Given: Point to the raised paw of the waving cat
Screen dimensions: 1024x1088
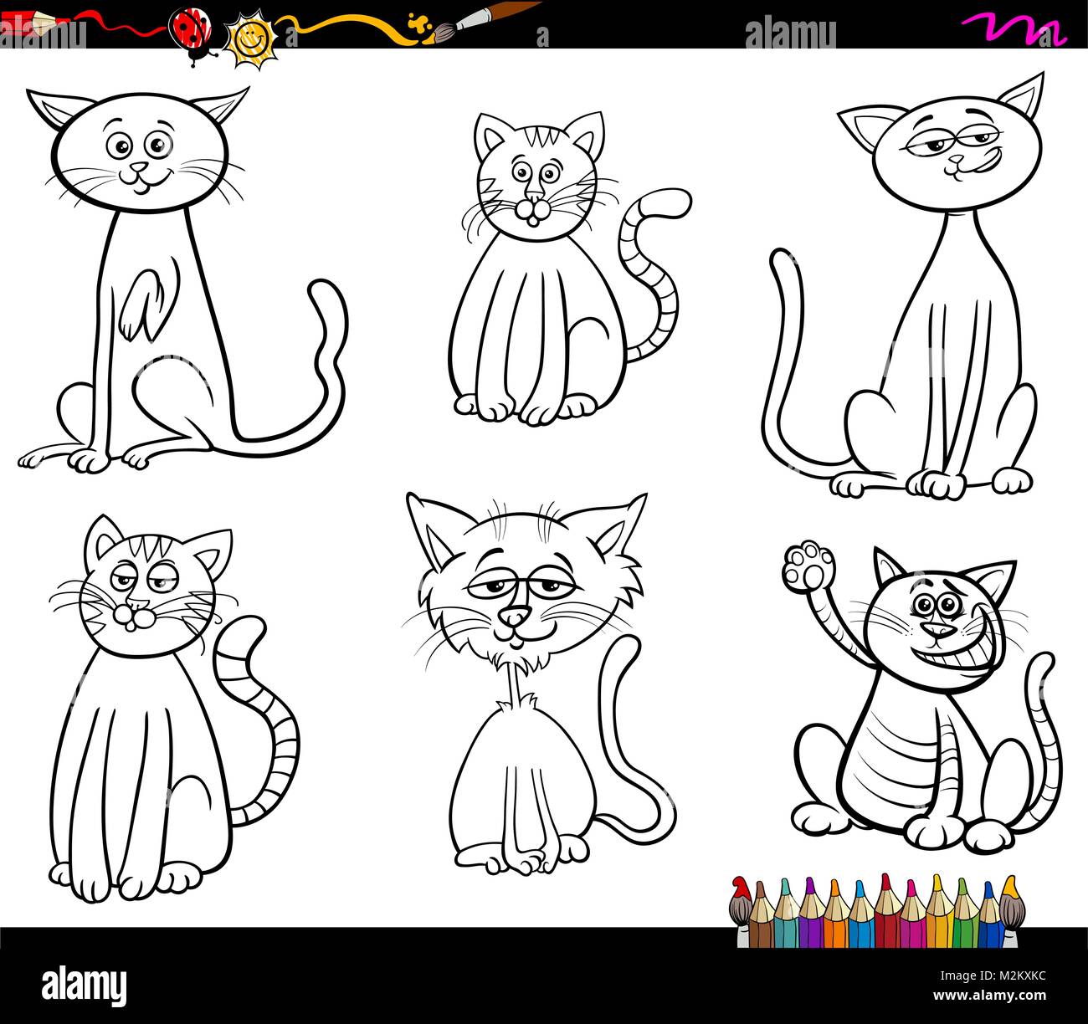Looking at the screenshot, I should (809, 567).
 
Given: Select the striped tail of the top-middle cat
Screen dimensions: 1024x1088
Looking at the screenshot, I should (653, 268).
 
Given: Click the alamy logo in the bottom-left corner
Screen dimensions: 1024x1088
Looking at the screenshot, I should (84, 984).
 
